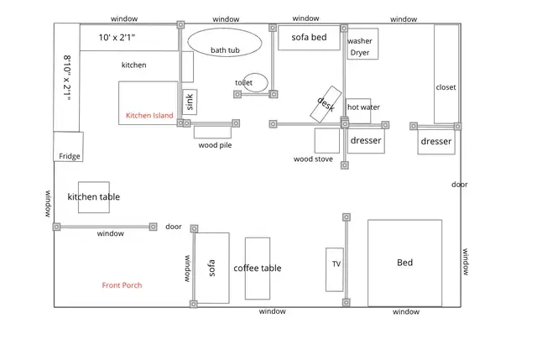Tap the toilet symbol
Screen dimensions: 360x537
[256, 82]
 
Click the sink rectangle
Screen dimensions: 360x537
[190, 102]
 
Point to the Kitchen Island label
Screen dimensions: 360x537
[149, 115]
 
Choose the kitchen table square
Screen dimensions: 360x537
[93, 197]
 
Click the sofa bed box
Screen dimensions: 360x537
[309, 39]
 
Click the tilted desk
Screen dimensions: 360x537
[326, 102]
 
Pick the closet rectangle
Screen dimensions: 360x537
[446, 76]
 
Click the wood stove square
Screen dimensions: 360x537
[326, 140]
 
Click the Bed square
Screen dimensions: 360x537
[404, 263]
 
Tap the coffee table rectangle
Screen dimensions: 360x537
[258, 269]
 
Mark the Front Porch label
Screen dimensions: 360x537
[122, 285]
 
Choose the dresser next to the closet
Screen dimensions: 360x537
[436, 142]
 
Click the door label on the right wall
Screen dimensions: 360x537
[460, 185]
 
